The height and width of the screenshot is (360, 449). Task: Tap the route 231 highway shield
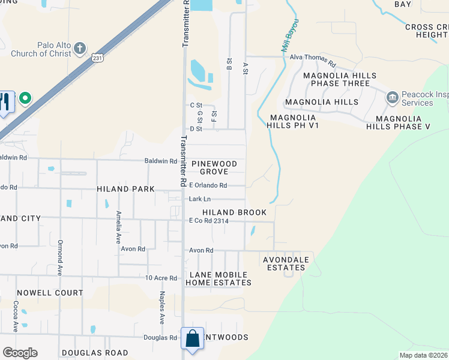98,58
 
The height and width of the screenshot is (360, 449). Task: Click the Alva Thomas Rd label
312,58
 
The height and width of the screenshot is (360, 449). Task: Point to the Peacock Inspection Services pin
393,97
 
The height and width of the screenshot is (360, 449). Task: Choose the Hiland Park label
125,189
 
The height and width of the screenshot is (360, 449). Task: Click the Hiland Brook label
234,212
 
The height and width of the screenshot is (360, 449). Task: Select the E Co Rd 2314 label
209,221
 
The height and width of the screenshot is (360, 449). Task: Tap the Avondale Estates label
286,264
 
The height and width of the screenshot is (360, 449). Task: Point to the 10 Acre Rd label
161,278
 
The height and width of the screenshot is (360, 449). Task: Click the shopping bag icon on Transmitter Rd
193,338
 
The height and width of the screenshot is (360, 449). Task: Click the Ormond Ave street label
60,257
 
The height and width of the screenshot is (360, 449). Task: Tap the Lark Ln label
200,199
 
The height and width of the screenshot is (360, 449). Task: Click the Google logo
20,353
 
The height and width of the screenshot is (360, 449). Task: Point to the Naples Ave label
162,308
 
